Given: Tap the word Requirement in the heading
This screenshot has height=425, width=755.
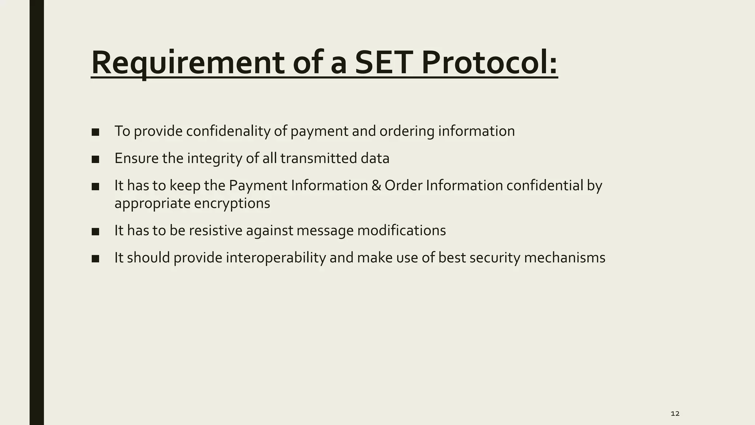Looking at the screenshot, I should click(x=187, y=63).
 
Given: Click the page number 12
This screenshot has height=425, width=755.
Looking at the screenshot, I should click(x=675, y=414).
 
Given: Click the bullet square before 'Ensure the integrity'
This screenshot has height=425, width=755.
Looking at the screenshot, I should click(x=95, y=159).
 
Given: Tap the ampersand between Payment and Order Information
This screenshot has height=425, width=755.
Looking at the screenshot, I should click(x=376, y=186).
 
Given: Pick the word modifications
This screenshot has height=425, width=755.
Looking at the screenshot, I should click(x=401, y=231).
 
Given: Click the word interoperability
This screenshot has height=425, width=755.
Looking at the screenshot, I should click(x=276, y=258).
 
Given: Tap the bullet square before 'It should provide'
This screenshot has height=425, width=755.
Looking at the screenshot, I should click(x=95, y=259).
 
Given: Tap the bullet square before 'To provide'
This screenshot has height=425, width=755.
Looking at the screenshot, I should click(x=95, y=132).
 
